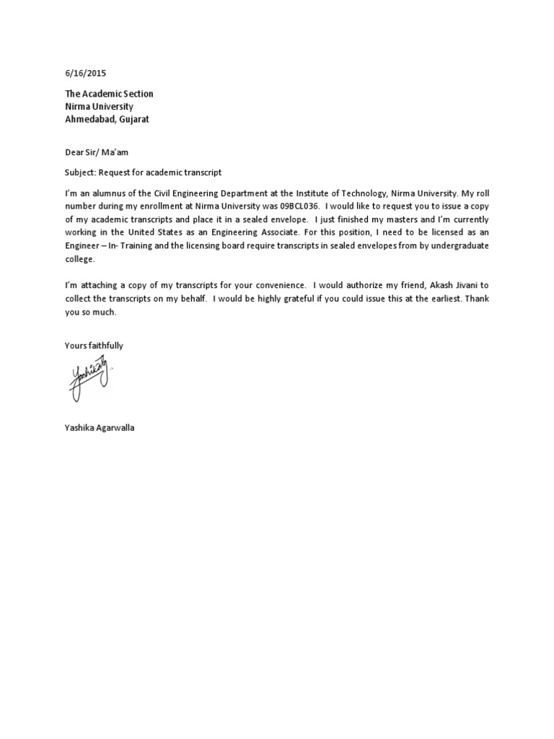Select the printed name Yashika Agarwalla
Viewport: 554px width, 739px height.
pos(100,428)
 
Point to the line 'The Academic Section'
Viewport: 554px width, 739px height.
pos(109,94)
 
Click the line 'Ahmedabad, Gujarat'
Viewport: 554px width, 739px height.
pos(107,119)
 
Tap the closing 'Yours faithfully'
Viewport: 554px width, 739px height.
pos(94,346)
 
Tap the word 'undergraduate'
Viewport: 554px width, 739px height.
pos(460,245)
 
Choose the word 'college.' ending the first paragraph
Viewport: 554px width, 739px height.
pos(79,258)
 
